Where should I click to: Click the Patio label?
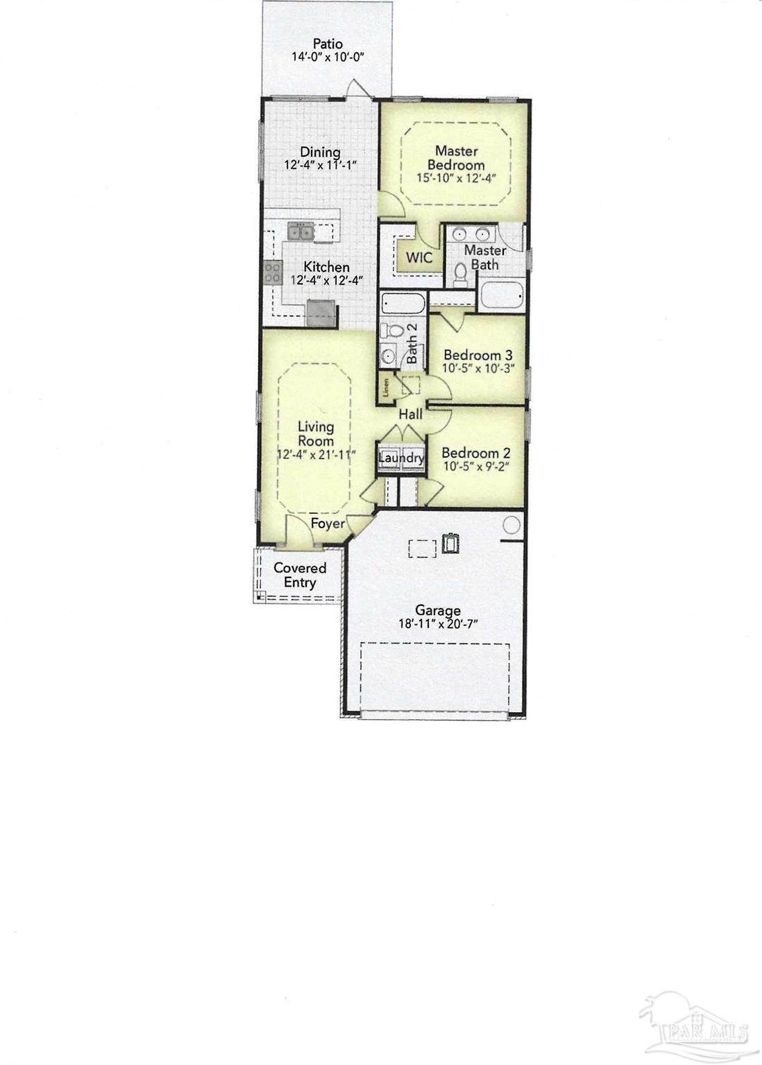tap(327, 44)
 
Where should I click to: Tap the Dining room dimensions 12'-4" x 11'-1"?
tap(321, 165)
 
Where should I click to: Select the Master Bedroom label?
tap(456, 158)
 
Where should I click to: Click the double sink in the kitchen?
tap(300, 232)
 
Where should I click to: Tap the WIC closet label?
tap(419, 257)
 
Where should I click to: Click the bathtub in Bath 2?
tap(403, 304)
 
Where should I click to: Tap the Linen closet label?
tap(387, 387)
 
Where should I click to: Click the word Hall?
tap(410, 415)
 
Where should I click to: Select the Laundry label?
tap(401, 458)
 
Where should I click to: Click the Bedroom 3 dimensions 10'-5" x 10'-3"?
tap(478, 368)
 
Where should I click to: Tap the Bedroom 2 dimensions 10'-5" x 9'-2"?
tap(476, 467)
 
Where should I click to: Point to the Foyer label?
tap(328, 523)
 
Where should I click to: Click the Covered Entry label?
tap(300, 575)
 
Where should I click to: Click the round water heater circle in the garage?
tap(511, 525)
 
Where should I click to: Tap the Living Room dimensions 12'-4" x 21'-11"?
tap(316, 455)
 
